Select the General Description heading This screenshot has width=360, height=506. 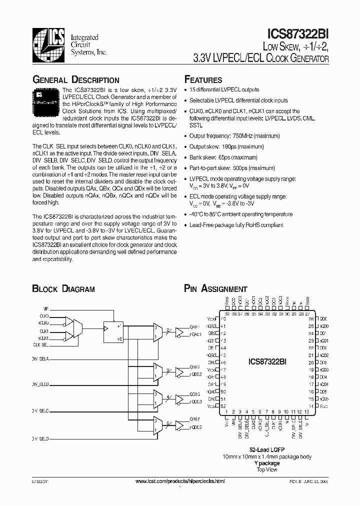(x=75, y=79)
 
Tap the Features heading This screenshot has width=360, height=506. (x=203, y=79)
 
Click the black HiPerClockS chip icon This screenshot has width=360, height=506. (x=46, y=98)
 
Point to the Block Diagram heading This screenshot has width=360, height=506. (x=63, y=288)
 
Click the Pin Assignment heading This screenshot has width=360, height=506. (x=215, y=288)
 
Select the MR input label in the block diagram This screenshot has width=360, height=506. (x=46, y=309)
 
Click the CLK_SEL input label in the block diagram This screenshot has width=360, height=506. (x=41, y=345)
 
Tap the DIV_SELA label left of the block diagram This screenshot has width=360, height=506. (x=40, y=359)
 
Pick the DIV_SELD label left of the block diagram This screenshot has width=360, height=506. (x=40, y=438)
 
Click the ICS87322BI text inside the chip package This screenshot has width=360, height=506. (x=267, y=361)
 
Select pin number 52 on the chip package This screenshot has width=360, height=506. (x=223, y=406)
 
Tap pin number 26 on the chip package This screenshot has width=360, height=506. (x=310, y=318)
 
